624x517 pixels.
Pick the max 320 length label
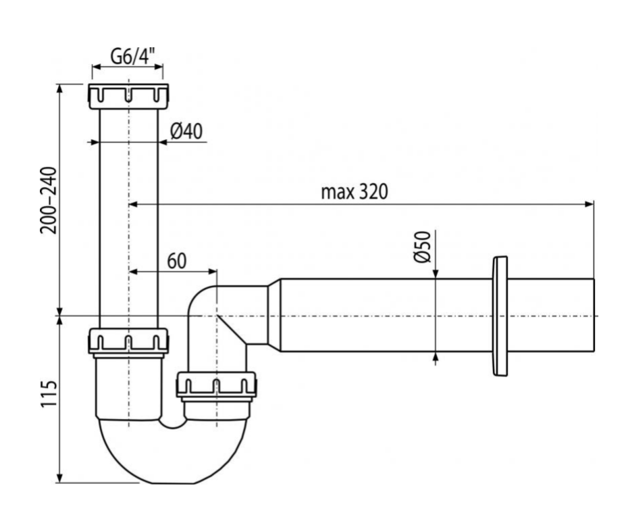(x=354, y=192)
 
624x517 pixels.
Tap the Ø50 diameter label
(x=421, y=247)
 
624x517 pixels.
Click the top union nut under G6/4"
(x=128, y=96)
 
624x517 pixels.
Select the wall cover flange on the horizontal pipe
(x=500, y=316)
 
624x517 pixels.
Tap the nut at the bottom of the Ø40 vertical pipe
(x=128, y=341)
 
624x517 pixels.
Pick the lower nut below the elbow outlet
(x=216, y=386)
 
